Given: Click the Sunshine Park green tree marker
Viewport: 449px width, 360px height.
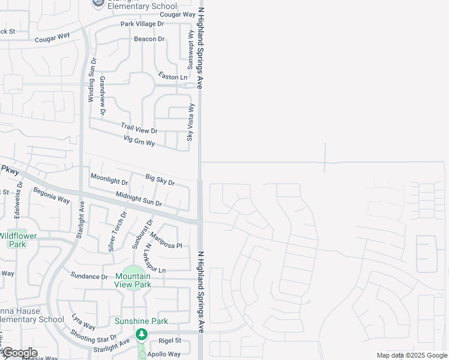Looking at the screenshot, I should (141, 334).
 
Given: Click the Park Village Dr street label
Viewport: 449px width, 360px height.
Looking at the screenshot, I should (142, 24).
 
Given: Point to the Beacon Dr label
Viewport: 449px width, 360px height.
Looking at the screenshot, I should (149, 39).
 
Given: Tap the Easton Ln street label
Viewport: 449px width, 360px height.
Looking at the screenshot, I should (173, 77).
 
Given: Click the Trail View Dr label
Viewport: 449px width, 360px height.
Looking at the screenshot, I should (139, 128).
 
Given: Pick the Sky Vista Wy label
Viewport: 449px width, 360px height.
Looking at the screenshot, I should (191, 122).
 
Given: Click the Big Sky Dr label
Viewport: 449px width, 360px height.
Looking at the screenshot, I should (160, 179).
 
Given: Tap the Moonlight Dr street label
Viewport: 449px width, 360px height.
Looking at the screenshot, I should (109, 179).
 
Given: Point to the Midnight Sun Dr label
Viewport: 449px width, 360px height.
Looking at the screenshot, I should (139, 199).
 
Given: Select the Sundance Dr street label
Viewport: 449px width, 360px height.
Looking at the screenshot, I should (89, 277).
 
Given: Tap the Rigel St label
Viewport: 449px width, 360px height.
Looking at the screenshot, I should (170, 340).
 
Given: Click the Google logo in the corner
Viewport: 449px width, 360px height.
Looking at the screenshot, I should (19, 353).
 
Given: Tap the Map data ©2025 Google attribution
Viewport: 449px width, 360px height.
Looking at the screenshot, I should (412, 355).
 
